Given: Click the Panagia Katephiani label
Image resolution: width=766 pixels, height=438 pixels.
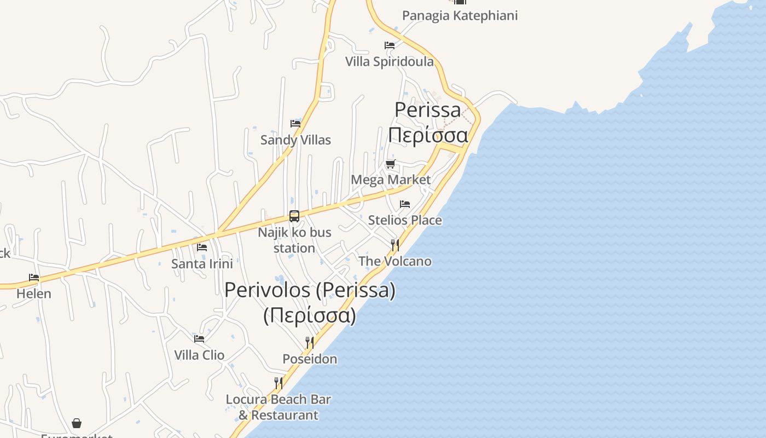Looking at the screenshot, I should pos(460,15).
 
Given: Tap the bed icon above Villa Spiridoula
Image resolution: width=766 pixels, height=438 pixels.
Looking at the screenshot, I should pos(390,45).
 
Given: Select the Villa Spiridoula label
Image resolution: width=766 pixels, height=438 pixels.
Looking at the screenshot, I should pos(389,61).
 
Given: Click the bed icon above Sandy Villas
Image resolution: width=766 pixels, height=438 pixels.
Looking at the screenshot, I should pos(295,124).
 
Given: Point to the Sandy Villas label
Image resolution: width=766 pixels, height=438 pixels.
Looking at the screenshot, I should pos(295,140).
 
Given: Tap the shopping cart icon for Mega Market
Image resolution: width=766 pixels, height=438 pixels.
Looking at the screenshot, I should pos(390,164).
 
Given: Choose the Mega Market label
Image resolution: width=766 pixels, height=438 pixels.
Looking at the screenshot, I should pos(391,180).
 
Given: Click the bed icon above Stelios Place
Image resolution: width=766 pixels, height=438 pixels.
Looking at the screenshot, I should pos(405,204).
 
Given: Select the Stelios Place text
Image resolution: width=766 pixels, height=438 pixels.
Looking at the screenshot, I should pos(405,220).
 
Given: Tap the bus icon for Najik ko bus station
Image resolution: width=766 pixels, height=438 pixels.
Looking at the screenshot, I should pos(294,216).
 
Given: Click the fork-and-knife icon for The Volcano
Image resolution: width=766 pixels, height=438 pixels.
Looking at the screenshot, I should pos(394,245).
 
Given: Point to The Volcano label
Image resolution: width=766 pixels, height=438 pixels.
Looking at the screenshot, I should pos(394,261).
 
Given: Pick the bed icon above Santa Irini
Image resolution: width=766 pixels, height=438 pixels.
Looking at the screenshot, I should pos(202,247).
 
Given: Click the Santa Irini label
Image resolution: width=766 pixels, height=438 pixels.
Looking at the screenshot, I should pos(202,263).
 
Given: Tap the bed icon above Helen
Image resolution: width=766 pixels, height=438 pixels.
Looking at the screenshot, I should pos(34,278).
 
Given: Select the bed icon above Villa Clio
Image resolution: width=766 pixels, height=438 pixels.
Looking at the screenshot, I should pos(199,339).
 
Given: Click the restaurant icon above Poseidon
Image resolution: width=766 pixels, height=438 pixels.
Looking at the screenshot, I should pos(310,343).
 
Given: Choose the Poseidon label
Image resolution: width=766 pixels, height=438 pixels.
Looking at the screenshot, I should pos(310,359).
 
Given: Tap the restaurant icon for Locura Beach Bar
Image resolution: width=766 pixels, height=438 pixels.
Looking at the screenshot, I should pos(278,383).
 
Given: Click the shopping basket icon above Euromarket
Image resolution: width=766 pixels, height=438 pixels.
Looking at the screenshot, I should pos(77,423).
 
